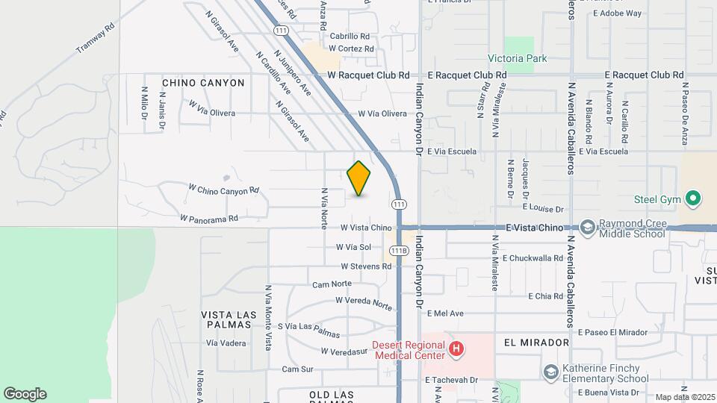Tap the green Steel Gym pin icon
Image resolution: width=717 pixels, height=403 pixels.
[x=693, y=199]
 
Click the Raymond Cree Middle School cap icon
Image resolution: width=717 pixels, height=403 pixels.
[x=588, y=227]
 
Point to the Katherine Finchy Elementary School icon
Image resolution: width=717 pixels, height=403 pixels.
[x=551, y=372]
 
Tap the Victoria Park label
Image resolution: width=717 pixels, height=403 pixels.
[x=517, y=58]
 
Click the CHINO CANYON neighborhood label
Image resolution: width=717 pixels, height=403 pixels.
[x=203, y=83]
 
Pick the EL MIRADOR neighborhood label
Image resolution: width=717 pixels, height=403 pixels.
[x=536, y=343]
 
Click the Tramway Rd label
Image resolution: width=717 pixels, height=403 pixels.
[x=95, y=38]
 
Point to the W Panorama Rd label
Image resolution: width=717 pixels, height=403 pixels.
[x=208, y=219]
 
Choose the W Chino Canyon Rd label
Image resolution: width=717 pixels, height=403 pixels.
[x=223, y=190]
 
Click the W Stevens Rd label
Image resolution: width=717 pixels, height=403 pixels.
[x=366, y=266]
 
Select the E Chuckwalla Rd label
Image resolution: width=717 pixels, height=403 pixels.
[x=533, y=258]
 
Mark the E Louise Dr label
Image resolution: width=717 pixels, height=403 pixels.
[x=543, y=210]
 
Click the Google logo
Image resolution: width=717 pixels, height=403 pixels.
[x=25, y=394]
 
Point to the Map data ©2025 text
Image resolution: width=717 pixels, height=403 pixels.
[x=685, y=397]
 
